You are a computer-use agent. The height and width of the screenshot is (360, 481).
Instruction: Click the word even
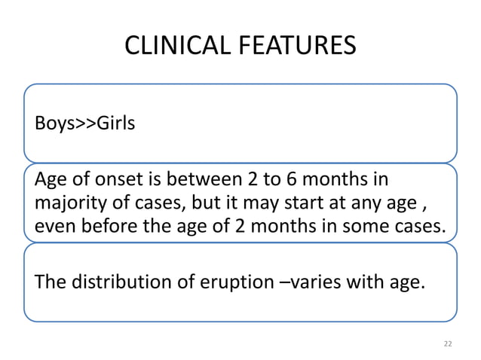(x=53, y=224)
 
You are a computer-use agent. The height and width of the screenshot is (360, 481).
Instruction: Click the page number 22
(x=448, y=343)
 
